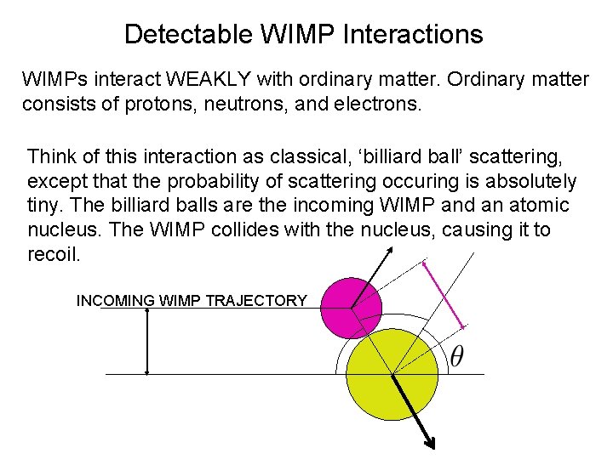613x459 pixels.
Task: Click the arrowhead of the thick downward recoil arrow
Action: [431, 442]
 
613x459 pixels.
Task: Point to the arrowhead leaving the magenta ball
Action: [390, 250]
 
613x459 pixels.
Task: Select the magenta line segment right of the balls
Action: [444, 294]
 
